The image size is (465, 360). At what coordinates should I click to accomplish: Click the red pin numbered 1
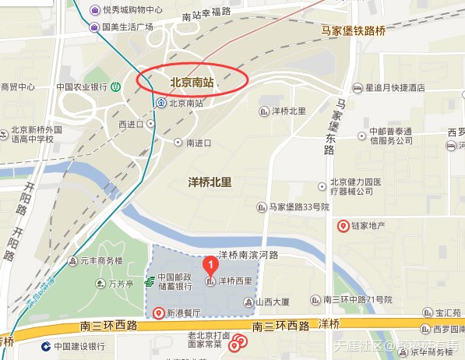(x=209, y=265)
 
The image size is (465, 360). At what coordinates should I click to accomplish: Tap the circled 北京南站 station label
(x=192, y=80)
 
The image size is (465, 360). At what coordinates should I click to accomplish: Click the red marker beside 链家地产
(x=342, y=226)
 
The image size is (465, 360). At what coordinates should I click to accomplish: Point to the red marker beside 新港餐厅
(x=160, y=313)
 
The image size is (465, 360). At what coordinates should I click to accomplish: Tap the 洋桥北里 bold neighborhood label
(x=210, y=182)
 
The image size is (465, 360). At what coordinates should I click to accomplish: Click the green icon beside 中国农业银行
(x=116, y=86)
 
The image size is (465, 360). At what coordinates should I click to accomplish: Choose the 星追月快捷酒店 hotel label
(x=395, y=88)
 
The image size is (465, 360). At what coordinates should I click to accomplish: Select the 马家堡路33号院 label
(x=299, y=207)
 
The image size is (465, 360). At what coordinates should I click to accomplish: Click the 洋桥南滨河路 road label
(x=247, y=255)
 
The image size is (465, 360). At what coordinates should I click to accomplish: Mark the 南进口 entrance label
(x=199, y=143)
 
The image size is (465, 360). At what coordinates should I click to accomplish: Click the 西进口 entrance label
(x=132, y=124)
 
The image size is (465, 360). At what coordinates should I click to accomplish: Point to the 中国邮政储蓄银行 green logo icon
(x=150, y=281)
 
